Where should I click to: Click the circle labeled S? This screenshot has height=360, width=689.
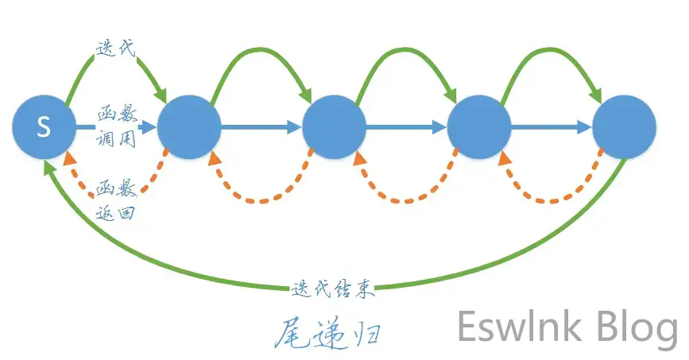pyautogui.click(x=44, y=126)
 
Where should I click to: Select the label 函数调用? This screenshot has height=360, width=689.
pyautogui.click(x=117, y=126)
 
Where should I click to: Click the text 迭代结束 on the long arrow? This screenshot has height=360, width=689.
pyautogui.click(x=334, y=288)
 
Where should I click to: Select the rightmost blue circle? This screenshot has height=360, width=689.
pyautogui.click(x=625, y=126)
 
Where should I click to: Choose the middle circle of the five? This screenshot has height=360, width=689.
pyautogui.click(x=335, y=126)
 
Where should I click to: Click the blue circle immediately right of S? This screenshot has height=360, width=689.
pyautogui.click(x=189, y=126)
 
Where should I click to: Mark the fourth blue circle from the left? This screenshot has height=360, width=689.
pyautogui.click(x=479, y=126)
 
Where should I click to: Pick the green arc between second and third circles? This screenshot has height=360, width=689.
pyautogui.click(x=262, y=48)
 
